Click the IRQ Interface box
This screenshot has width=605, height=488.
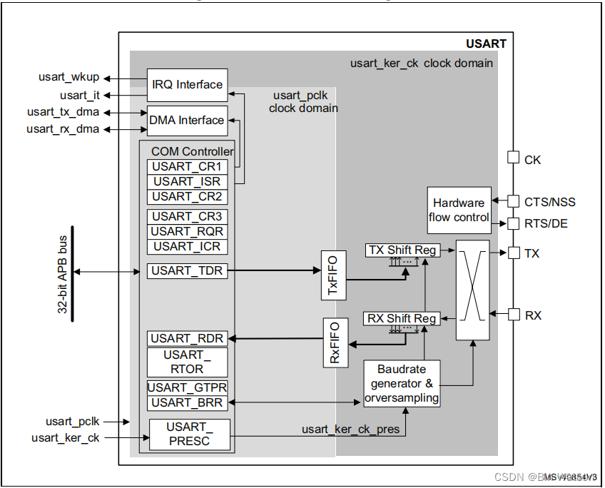(x=187, y=85)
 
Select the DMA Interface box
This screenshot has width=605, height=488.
(x=187, y=121)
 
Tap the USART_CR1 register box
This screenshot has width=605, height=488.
(x=187, y=166)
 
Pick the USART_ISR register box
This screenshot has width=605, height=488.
(x=187, y=181)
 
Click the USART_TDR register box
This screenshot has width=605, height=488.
(x=187, y=270)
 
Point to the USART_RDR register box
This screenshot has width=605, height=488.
(x=187, y=338)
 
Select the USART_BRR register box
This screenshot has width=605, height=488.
(x=187, y=403)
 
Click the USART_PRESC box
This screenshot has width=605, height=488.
(x=189, y=434)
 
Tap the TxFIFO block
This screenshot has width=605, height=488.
(x=333, y=275)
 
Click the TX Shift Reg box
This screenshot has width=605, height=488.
(x=402, y=250)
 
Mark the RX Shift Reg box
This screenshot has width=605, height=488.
(x=402, y=318)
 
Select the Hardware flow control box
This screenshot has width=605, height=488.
(x=459, y=210)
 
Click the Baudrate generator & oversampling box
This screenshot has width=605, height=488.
(x=402, y=384)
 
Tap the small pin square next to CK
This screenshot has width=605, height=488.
(x=512, y=158)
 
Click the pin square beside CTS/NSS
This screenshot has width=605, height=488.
(x=512, y=201)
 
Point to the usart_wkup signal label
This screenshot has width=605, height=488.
(x=68, y=77)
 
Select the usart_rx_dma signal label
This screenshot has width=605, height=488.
(x=63, y=129)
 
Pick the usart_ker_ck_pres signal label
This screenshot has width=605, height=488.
(x=349, y=429)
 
